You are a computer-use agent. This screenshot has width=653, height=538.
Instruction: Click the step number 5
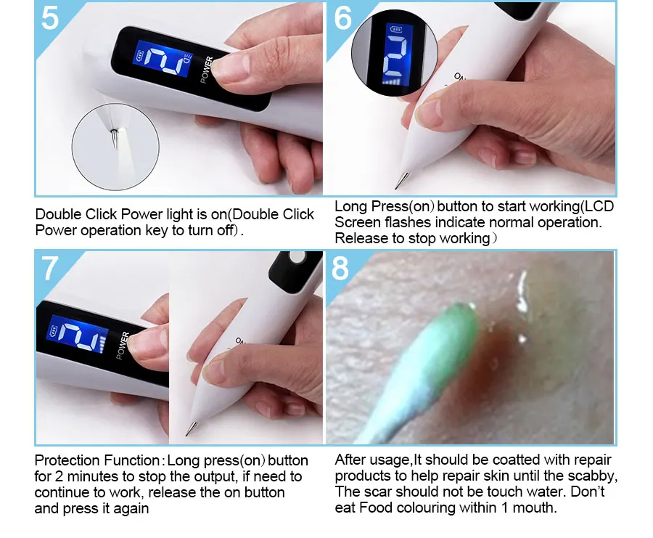click(x=50, y=18)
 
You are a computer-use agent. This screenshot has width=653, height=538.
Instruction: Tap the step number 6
click(x=342, y=18)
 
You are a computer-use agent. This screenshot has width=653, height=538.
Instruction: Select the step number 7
click(x=50, y=269)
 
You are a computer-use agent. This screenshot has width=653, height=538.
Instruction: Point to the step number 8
click(x=340, y=268)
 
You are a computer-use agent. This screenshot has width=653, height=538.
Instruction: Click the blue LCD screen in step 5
click(x=163, y=58)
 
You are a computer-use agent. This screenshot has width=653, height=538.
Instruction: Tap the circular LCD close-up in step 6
click(x=395, y=53)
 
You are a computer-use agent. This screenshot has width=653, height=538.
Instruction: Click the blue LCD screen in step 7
click(x=77, y=334)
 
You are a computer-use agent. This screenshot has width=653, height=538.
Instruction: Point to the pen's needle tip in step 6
click(x=396, y=188)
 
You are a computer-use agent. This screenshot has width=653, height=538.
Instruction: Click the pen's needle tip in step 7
click(x=186, y=435)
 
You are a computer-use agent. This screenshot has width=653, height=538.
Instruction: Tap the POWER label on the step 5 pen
click(x=207, y=70)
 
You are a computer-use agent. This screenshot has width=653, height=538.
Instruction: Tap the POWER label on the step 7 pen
click(x=123, y=346)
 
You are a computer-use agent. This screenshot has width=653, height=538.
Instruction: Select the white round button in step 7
click(x=297, y=258)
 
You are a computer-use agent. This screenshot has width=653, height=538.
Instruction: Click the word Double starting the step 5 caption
click(x=58, y=214)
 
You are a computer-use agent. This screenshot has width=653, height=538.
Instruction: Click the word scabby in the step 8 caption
click(x=592, y=476)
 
